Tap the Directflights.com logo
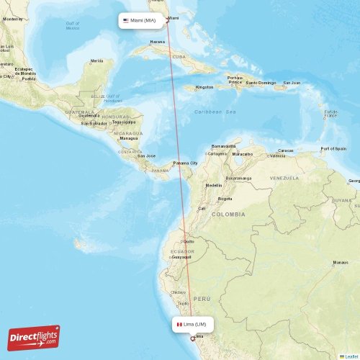(x=34, y=337)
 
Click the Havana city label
(x=158, y=42)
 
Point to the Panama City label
(x=186, y=163)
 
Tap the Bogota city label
(x=225, y=198)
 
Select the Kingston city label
(x=204, y=87)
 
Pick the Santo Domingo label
(x=261, y=83)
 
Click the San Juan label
(x=292, y=83)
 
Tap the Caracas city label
(x=286, y=150)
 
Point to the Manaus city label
(x=341, y=263)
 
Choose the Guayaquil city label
(x=181, y=256)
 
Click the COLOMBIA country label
(x=228, y=214)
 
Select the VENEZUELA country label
(x=284, y=177)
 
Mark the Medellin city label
(x=214, y=185)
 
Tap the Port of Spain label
(x=333, y=148)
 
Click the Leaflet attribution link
(x=351, y=356)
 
